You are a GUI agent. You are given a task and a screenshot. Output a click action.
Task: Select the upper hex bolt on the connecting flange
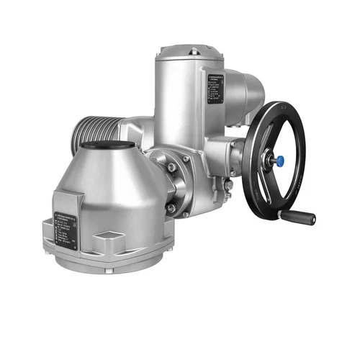click(171, 168)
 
